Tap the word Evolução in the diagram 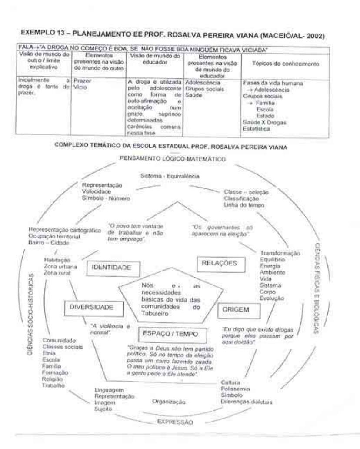click(x=272, y=298)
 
